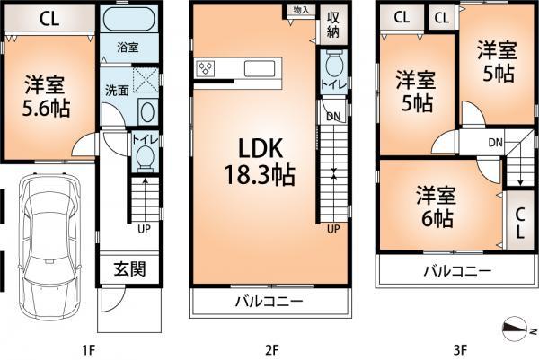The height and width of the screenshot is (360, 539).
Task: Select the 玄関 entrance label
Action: pyautogui.click(x=127, y=268)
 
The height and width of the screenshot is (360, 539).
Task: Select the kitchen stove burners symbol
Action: pyautogui.click(x=207, y=69)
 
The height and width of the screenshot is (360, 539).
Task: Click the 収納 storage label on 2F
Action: pyautogui.click(x=332, y=24)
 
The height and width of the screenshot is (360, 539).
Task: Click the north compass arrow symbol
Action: pyautogui.click(x=515, y=329)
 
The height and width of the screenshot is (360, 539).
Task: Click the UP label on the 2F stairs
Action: pyautogui.click(x=332, y=229)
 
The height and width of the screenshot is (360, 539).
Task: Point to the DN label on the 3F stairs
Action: pyautogui.click(x=495, y=144)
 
